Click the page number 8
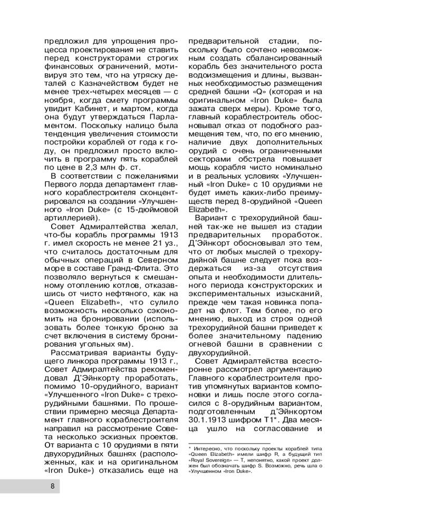[x=53, y=486]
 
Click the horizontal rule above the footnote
[x=229, y=443]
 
